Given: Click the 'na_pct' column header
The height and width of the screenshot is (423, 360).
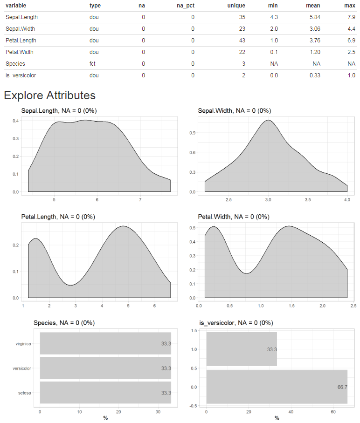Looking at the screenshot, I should pos(186,5).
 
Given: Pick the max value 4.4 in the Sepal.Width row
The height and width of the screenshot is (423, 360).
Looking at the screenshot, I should pos(350,29).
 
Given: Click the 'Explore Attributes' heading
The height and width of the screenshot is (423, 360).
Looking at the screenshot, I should pos(49,96).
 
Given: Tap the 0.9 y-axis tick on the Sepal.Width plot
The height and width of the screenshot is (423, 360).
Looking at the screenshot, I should pos(192,133).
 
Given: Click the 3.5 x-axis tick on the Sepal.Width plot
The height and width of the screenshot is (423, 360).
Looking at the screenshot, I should pos(308,199).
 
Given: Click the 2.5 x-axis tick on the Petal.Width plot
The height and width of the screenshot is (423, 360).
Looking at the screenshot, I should pos(353,306).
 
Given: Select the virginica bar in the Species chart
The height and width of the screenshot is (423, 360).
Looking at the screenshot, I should pos(105,343).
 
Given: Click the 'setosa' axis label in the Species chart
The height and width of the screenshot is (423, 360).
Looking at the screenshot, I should pos(25,393).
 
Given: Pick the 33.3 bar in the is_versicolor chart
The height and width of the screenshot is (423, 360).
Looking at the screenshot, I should pos(242,349).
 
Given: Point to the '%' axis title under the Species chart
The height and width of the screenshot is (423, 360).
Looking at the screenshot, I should pos(105,418).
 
